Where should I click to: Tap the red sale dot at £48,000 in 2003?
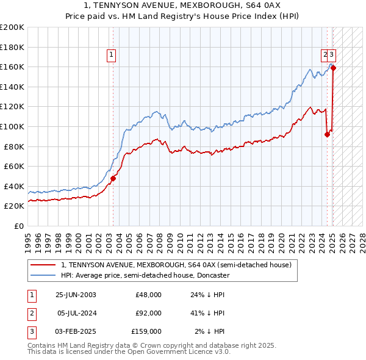click(x=113, y=178)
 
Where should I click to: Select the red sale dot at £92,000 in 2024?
click(x=327, y=134)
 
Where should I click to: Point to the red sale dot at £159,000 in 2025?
click(x=333, y=68)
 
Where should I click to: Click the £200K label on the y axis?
click(x=12, y=27)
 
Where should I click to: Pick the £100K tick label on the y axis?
click(x=12, y=126)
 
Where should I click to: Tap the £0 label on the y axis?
click(x=18, y=226)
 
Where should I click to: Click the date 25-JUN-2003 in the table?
click(x=76, y=295)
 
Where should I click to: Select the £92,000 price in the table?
click(x=148, y=313)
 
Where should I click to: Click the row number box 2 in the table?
click(x=30, y=313)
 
